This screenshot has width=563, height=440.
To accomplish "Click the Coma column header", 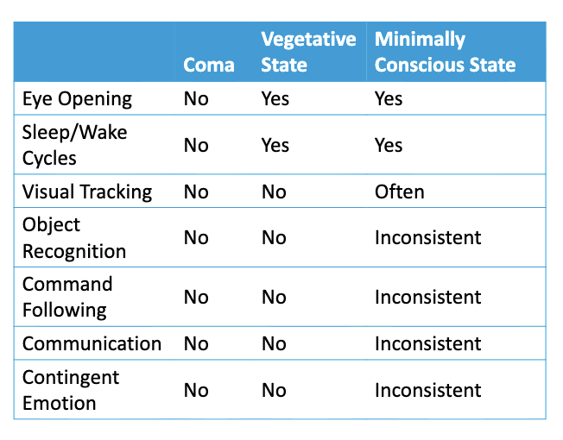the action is tap(209, 65).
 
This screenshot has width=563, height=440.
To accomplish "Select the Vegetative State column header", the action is tap(308, 52).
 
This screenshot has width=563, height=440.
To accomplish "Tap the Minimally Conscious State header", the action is tap(445, 52).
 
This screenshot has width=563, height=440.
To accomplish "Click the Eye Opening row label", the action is tap(77, 99).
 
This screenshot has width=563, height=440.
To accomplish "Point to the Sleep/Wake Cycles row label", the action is tap(74, 145).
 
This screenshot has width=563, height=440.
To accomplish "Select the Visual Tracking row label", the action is tap(87, 192).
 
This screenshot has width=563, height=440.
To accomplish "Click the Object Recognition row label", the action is tap(74, 238).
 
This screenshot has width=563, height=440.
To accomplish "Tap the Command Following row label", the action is tap(67, 298).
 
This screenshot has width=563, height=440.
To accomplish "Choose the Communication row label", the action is tap(92, 343).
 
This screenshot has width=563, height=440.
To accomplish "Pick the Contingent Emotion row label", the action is tap(71, 390).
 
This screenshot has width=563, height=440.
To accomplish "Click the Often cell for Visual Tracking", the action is tap(399, 192).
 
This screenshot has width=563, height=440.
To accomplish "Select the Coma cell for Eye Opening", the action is tap(196, 98).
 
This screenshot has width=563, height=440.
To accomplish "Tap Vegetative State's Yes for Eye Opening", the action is tap(275, 98).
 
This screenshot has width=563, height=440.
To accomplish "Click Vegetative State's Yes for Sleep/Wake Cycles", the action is tap(275, 145).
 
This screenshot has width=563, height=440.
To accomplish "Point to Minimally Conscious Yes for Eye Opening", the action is tap(389, 98).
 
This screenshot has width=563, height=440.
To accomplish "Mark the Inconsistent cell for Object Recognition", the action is tap(428, 238).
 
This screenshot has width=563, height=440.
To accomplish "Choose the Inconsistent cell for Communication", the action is tap(428, 343).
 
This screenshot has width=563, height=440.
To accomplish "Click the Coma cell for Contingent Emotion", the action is tap(196, 390).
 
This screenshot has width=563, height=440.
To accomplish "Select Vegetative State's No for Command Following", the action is tap(274, 298).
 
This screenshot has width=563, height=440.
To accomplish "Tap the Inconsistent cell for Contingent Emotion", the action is tap(428, 390).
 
